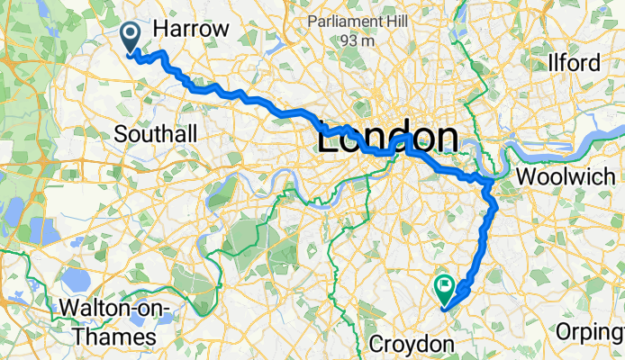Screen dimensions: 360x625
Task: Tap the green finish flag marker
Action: coord(444,288)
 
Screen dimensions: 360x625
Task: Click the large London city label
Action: coord(386,139)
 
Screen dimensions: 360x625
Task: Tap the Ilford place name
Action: coord(574,64)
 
